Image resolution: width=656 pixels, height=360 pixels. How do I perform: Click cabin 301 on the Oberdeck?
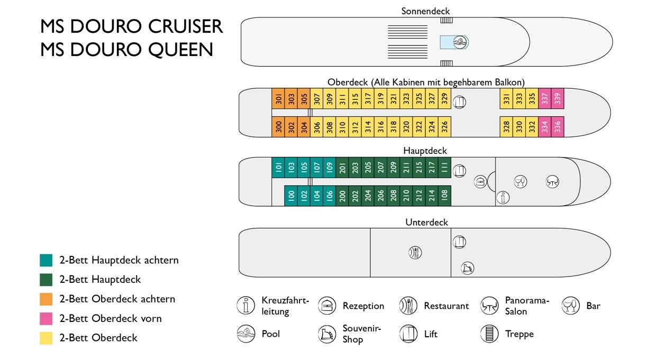(278, 98)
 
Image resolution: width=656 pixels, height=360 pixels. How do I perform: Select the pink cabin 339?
(557, 98)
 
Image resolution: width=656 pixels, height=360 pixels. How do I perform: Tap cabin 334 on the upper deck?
(544, 127)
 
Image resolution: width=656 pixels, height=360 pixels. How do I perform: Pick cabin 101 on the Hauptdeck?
(278, 168)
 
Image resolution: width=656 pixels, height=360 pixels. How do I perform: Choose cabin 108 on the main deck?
(444, 196)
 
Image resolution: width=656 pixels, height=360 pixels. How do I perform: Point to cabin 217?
(431, 168)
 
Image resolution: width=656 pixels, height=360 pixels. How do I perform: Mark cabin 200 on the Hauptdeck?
(342, 196)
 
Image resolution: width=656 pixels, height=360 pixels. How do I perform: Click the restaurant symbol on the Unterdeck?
(415, 253)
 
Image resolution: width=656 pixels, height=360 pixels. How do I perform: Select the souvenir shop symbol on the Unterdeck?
(467, 268)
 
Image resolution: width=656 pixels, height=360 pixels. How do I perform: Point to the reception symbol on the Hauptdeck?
(480, 181)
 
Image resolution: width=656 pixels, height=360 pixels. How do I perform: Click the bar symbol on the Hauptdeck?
(520, 182)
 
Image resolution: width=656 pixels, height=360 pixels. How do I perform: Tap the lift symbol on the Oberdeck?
(459, 101)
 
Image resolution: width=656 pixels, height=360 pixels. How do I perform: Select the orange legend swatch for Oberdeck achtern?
(46, 299)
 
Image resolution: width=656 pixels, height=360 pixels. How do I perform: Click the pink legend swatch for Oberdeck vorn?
(46, 319)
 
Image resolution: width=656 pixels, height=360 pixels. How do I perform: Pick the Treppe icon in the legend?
(489, 334)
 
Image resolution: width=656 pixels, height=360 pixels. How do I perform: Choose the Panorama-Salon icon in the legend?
(489, 306)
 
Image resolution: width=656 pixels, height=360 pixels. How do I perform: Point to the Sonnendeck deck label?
(425, 11)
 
